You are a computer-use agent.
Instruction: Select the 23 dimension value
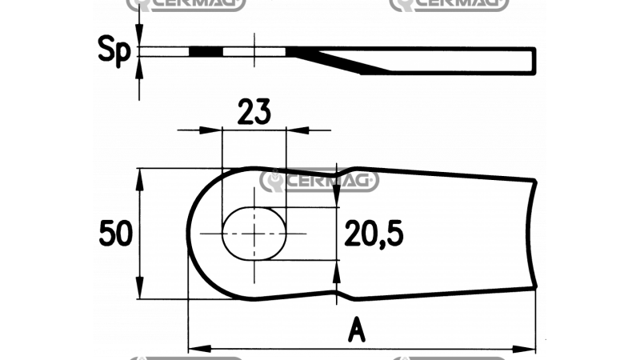[x=253, y=110]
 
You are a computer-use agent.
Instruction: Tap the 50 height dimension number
[x=115, y=234]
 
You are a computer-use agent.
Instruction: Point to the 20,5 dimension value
[x=374, y=234]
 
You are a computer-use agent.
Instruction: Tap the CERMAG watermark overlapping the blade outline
[x=319, y=181]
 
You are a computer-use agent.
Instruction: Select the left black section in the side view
[x=205, y=52]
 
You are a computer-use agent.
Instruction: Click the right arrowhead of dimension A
[x=529, y=349]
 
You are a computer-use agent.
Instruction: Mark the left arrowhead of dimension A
[x=194, y=349]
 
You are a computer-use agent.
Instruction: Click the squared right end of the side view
[x=534, y=59]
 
